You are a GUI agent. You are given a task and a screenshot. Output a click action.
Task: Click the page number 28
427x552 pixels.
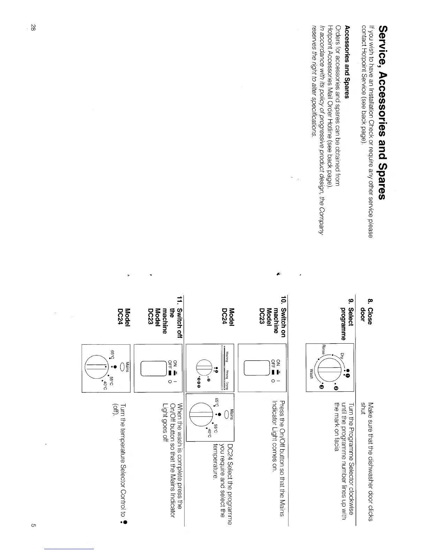click(x=33, y=28)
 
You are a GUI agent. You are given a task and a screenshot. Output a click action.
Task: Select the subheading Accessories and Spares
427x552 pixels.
click(x=347, y=61)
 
